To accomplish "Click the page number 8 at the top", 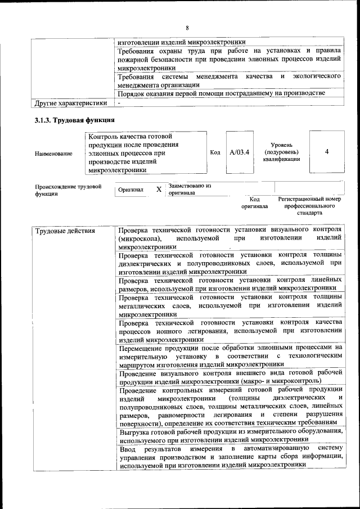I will click(187, 28).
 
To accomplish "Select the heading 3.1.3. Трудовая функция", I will click(74, 120).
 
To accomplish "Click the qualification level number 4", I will click(326, 152).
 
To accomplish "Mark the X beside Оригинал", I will click(159, 190).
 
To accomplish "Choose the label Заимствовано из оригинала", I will click(189, 189).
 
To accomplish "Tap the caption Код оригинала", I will click(254, 202).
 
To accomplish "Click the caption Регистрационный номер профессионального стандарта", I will click(309, 206).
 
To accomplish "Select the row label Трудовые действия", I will click(64, 231).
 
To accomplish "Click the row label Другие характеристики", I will click(70, 103).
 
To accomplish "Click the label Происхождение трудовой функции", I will click(67, 190).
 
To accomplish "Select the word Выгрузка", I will click(136, 432).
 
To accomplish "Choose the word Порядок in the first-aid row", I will click(134, 93).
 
